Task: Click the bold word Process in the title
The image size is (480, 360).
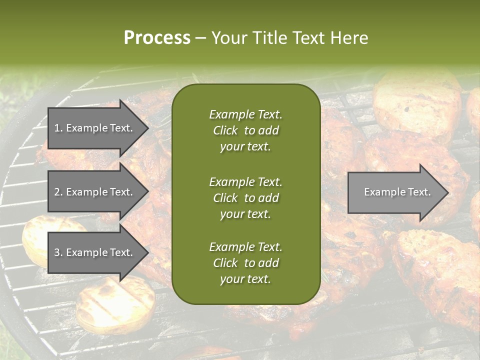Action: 157,38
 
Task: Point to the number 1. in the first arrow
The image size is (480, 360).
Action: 58,128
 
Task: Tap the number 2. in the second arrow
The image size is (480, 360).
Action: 58,192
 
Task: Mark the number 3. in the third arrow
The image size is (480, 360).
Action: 58,252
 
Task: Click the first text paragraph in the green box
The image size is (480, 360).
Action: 245,130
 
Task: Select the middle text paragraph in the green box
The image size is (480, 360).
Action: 245,197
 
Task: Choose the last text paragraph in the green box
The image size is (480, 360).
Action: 245,263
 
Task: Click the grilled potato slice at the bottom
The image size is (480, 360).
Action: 115,305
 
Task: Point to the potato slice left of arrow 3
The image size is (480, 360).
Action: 35,240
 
